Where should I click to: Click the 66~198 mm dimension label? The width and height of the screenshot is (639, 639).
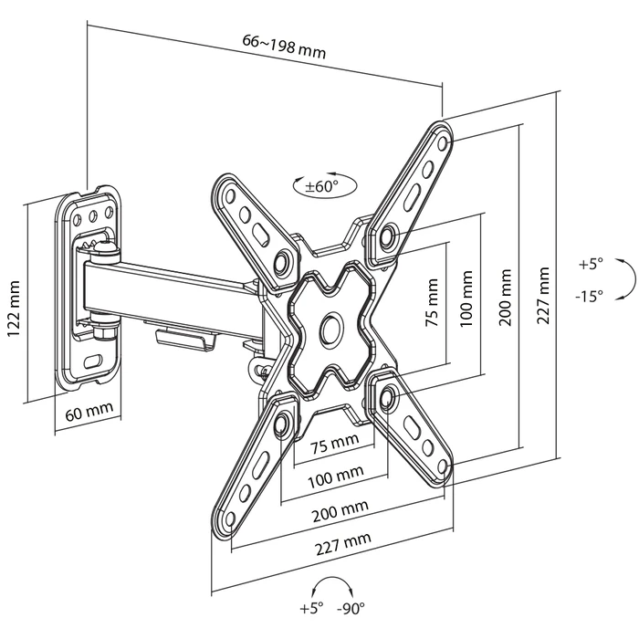pos(284,46)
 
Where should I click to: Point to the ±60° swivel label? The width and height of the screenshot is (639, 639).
pos(320,186)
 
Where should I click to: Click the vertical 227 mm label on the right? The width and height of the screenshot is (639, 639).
pos(545,296)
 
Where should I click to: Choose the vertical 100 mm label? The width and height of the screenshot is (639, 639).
pos(468,296)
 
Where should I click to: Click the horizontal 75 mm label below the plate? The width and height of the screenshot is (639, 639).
pos(334,445)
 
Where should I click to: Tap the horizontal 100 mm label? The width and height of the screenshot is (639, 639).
pos(334,477)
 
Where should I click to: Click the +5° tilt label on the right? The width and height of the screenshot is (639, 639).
pos(592,264)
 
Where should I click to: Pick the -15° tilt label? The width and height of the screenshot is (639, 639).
pos(590,296)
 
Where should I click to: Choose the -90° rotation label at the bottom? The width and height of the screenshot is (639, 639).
pos(351,609)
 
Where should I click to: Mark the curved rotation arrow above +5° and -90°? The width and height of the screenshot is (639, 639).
pos(329,583)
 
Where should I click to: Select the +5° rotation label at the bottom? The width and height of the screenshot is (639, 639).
pos(310,609)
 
